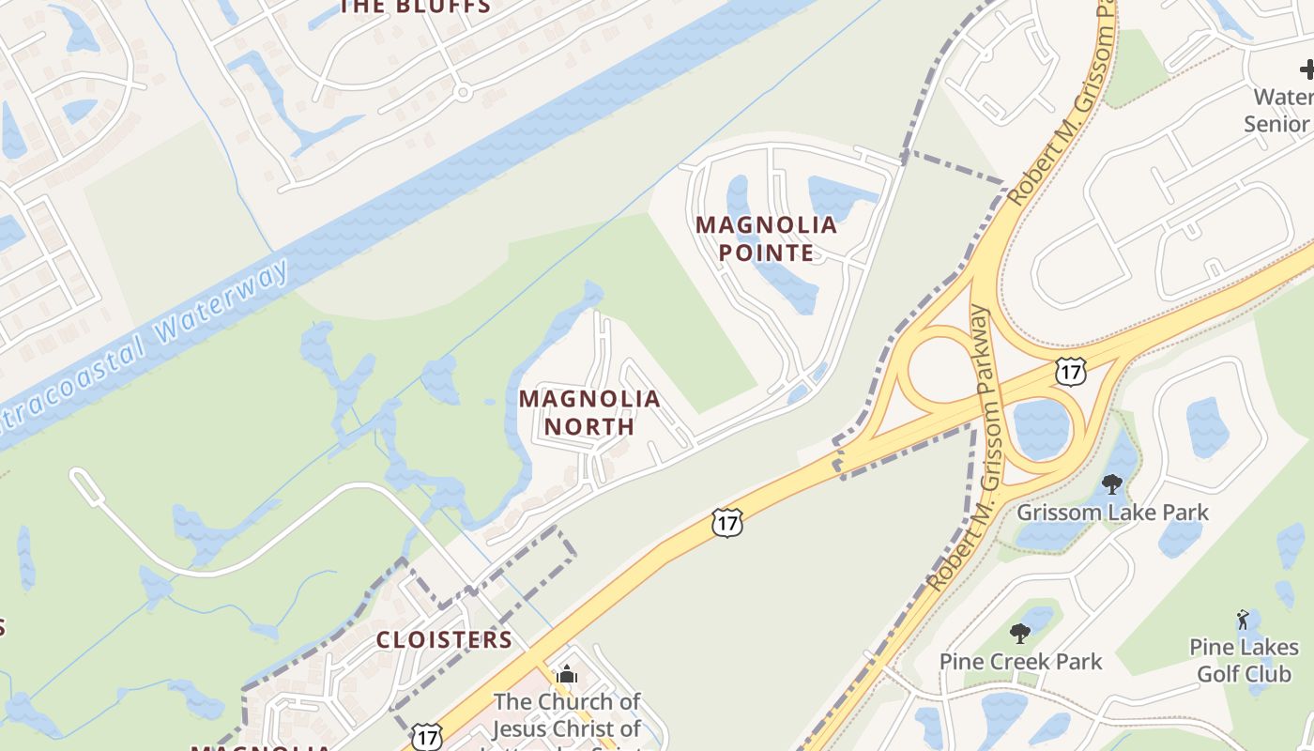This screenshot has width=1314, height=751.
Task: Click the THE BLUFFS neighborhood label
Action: tap(415, 7)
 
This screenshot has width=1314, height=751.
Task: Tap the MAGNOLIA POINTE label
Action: tap(766, 238)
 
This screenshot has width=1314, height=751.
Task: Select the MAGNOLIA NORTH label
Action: tap(589, 412)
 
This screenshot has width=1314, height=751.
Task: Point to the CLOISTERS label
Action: tap(444, 640)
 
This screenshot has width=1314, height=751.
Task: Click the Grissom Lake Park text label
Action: tap(1113, 513)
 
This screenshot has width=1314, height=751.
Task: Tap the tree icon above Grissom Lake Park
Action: tap(1112, 484)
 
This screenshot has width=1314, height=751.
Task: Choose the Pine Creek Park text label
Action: tap(1021, 661)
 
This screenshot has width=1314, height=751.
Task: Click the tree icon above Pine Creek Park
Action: tap(1020, 634)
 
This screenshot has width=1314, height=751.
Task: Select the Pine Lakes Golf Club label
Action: tap(1245, 660)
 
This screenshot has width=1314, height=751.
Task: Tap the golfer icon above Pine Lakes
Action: tap(1244, 620)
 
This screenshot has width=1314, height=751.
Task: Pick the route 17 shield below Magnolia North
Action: tap(727, 522)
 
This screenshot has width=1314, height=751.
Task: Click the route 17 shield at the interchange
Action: tap(1070, 370)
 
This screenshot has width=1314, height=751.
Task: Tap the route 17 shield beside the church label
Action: tap(427, 737)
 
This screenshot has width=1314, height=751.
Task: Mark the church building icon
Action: tap(566, 674)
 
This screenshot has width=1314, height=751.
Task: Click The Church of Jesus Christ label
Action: tap(567, 715)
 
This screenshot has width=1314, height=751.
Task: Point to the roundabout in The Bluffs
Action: tap(461, 93)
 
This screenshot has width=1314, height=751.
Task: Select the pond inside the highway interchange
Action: tap(1043, 427)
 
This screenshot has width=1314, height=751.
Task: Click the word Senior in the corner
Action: tap(1276, 124)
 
